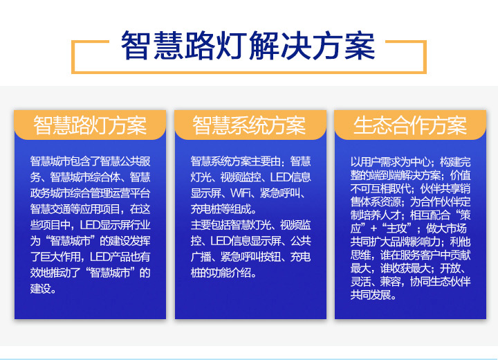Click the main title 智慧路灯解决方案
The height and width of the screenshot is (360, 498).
[x=248, y=46]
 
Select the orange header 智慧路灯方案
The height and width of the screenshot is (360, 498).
[x=90, y=125]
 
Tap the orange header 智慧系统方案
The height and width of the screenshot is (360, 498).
[x=249, y=125]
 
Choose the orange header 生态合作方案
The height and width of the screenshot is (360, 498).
[x=410, y=125]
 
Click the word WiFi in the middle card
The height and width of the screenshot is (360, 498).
[x=241, y=193]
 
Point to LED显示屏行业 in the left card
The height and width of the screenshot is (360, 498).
[x=115, y=225]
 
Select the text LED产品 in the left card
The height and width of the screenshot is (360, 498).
[x=110, y=257]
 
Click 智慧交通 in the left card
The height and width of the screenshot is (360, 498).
[x=50, y=209]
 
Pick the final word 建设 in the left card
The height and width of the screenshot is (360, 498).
[x=40, y=289]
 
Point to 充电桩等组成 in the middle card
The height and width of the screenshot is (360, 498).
[x=221, y=209]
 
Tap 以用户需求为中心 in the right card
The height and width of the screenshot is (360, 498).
[x=390, y=162]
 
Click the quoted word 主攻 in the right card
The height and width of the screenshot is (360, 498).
[x=397, y=228]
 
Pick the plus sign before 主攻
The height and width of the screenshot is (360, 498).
[x=373, y=229]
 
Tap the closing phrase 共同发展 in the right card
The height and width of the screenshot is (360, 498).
[x=370, y=295]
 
